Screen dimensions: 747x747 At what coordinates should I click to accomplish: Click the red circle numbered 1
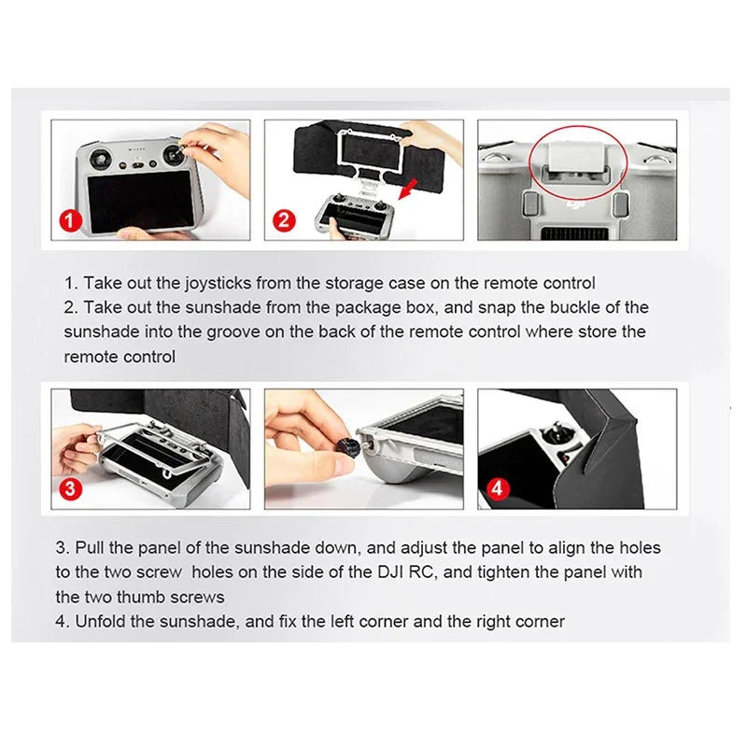tap(71, 220)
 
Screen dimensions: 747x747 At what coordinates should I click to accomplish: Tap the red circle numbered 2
tap(284, 220)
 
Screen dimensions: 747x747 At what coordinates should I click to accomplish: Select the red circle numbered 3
tap(71, 488)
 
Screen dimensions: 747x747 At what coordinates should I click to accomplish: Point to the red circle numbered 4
tap(498, 488)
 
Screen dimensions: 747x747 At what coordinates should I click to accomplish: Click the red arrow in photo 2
tap(409, 190)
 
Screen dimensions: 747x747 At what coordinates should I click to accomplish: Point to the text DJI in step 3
tap(390, 572)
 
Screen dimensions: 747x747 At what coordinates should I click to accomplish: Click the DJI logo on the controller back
tap(575, 204)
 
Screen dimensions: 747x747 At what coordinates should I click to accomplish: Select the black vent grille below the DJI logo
tap(575, 234)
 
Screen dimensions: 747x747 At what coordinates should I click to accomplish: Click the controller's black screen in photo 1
tap(142, 202)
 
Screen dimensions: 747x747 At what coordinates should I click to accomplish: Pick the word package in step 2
tap(368, 308)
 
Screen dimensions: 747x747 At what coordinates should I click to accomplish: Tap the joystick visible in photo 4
tap(557, 433)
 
